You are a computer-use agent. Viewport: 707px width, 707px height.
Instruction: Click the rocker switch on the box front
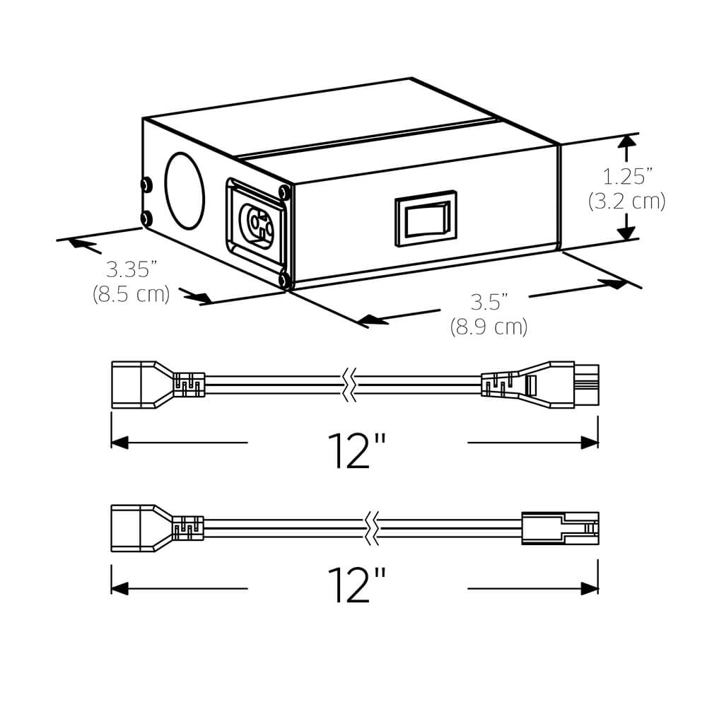[425, 217]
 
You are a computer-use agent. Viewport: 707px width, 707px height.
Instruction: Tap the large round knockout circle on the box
[185, 191]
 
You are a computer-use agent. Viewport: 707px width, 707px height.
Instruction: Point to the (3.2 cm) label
[626, 201]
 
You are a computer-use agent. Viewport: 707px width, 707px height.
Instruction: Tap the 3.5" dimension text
[489, 303]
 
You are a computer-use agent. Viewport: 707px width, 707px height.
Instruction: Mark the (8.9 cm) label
[489, 327]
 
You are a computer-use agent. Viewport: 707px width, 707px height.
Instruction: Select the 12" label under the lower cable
[357, 584]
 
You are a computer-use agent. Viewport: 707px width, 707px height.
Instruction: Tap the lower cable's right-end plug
[559, 528]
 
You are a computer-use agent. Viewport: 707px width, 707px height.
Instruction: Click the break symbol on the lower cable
[372, 528]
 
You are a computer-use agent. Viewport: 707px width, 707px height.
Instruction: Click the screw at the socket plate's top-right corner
[284, 192]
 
